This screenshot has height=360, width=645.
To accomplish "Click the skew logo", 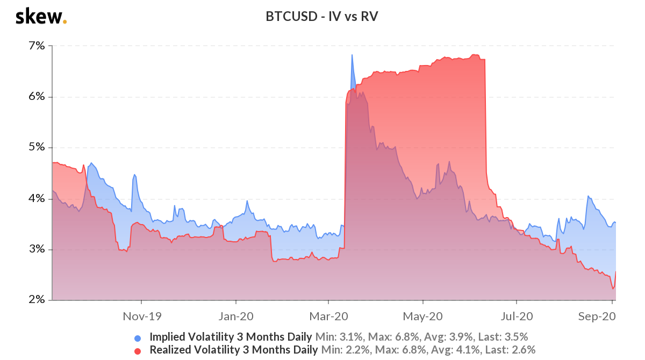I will [41, 17].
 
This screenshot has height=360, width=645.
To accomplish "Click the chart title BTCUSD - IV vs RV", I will [322, 17].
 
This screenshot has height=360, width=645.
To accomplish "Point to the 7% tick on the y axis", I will [37, 46].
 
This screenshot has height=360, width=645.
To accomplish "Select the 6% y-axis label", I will [37, 97].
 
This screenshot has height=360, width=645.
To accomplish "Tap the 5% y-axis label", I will [37, 148].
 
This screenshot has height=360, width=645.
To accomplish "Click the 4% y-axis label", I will [37, 199].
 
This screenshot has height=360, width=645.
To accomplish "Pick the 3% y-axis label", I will [37, 249].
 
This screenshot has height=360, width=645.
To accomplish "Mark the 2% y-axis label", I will [37, 300].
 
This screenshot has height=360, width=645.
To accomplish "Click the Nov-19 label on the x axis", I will [141, 316].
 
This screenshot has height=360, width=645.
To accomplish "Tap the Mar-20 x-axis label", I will [329, 316].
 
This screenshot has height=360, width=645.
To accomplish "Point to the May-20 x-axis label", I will [423, 316].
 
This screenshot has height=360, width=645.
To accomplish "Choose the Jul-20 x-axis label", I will [517, 316].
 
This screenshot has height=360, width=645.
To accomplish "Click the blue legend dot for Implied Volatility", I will [138, 338].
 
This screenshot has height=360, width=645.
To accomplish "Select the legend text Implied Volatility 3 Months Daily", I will [231, 337].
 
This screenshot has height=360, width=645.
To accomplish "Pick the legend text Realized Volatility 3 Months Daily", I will [233, 350].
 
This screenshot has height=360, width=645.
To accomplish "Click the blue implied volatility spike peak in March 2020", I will [352, 55].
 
